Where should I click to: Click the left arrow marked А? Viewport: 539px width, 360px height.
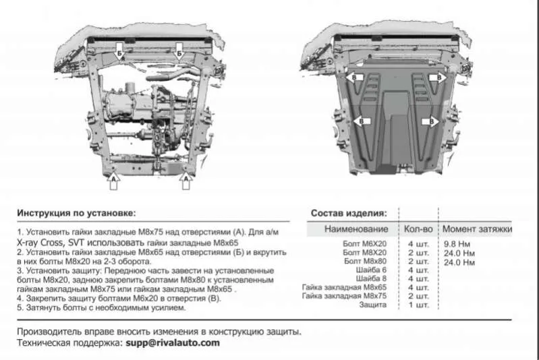point(113,181)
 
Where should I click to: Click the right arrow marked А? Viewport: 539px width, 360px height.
point(186,181)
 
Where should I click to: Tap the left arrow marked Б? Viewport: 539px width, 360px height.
point(119,51)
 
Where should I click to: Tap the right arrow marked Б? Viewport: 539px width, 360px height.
point(179,51)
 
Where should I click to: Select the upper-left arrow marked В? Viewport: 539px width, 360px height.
point(353,78)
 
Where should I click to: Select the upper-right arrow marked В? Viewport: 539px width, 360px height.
point(438,78)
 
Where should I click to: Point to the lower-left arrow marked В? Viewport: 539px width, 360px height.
point(362,121)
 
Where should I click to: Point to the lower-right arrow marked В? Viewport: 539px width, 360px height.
point(430,121)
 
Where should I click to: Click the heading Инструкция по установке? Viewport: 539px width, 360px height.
point(76,213)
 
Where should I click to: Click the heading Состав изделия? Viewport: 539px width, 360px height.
point(349,213)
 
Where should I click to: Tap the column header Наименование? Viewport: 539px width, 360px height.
point(356,229)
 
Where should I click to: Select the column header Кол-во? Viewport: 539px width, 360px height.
point(418,229)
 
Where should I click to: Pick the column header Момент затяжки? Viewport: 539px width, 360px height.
point(477,229)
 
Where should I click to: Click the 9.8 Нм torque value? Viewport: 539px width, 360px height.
point(457,244)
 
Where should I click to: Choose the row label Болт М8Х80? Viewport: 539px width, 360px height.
point(365,261)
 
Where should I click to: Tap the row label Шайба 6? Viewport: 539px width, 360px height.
point(371,270)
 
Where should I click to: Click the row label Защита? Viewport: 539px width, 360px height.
point(372,305)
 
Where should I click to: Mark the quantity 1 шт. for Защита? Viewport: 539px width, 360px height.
point(419,305)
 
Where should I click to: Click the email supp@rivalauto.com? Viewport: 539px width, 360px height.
point(173,343)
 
